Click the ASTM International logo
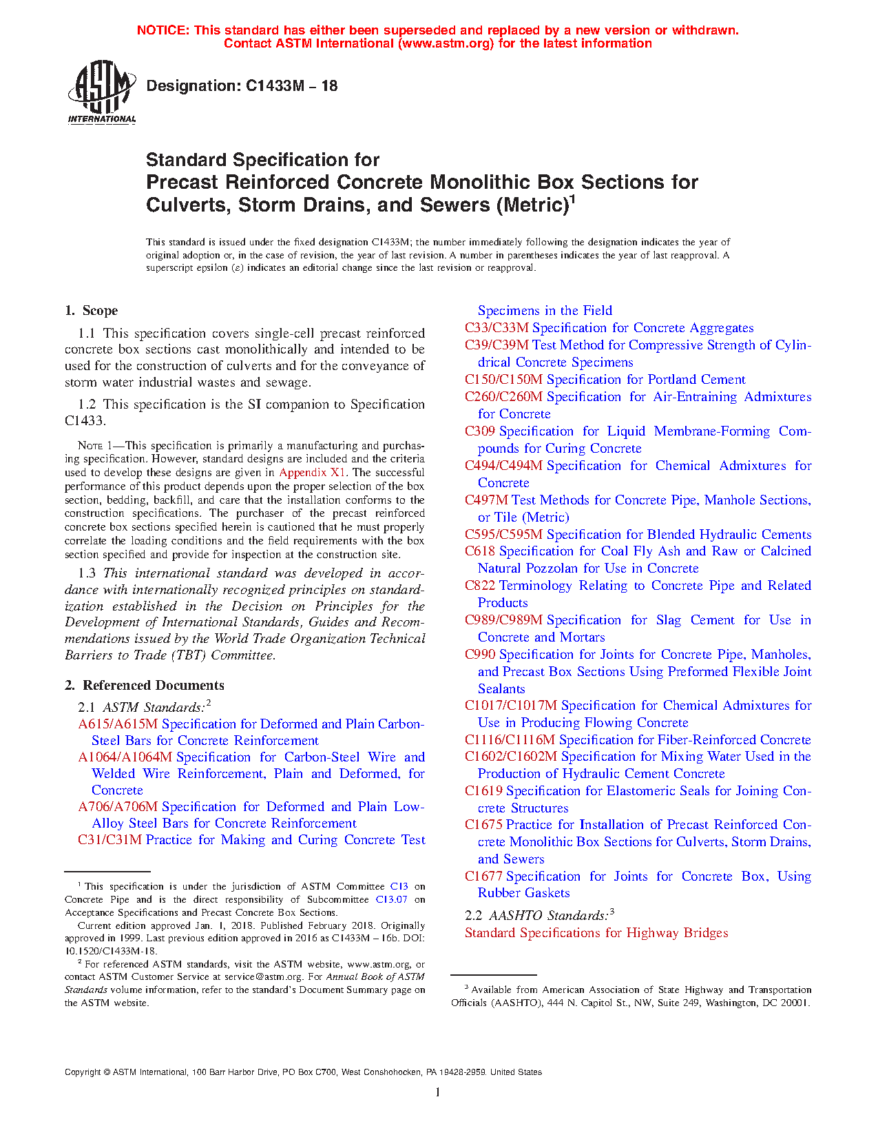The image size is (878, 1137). (102, 92)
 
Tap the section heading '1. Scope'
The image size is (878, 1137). (92, 311)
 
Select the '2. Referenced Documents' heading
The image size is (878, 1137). (145, 686)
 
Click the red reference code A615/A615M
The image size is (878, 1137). (118, 724)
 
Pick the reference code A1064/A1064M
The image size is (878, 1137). (125, 757)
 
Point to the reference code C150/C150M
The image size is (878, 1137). (503, 380)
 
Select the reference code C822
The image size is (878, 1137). (480, 586)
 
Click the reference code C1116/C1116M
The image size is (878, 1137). (510, 740)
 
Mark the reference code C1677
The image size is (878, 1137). (483, 877)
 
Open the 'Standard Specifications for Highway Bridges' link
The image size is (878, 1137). (596, 933)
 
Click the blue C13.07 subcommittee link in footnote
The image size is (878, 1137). (391, 900)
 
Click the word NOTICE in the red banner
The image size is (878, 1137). (163, 30)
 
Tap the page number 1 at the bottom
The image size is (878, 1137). (438, 1092)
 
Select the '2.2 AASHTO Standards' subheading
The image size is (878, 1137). (539, 916)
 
